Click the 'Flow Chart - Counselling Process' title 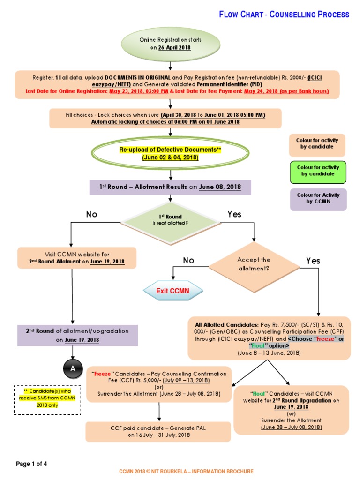pos(284,15)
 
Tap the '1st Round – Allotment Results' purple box pos(170,187)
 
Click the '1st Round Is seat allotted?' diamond pos(170,219)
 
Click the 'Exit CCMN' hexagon pos(172,291)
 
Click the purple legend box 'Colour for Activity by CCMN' pos(318,198)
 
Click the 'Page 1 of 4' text pos(32,464)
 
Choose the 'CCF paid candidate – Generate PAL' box pos(158,432)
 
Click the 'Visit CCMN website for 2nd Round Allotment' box pos(77,258)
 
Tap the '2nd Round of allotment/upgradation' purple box pos(78,335)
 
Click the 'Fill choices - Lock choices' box pos(165,119)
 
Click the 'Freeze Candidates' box pos(159,384)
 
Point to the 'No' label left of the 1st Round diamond pos(91,214)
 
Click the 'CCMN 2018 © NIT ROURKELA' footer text pos(186,471)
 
